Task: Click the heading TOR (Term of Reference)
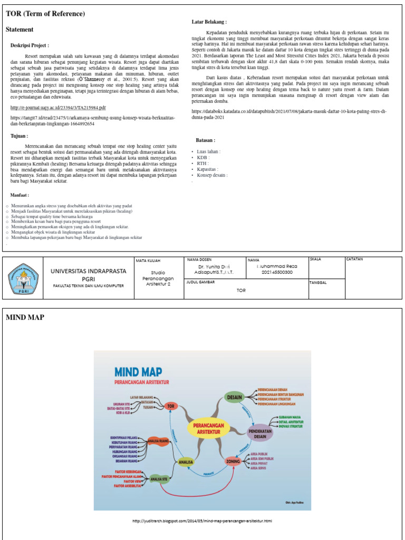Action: (x=45, y=14)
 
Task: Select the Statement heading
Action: (x=20, y=30)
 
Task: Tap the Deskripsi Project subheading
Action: (x=30, y=46)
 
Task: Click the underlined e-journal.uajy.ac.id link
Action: (x=58, y=108)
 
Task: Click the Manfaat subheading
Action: (x=20, y=195)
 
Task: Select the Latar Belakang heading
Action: (x=209, y=22)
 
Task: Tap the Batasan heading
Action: (x=206, y=141)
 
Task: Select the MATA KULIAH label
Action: (x=148, y=261)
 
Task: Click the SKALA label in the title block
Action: (x=316, y=259)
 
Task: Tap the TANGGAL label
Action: (x=319, y=283)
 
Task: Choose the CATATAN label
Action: (x=355, y=259)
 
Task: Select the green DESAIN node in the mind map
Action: (x=234, y=397)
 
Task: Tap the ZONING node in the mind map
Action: (x=233, y=461)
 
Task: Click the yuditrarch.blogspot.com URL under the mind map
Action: (x=202, y=521)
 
